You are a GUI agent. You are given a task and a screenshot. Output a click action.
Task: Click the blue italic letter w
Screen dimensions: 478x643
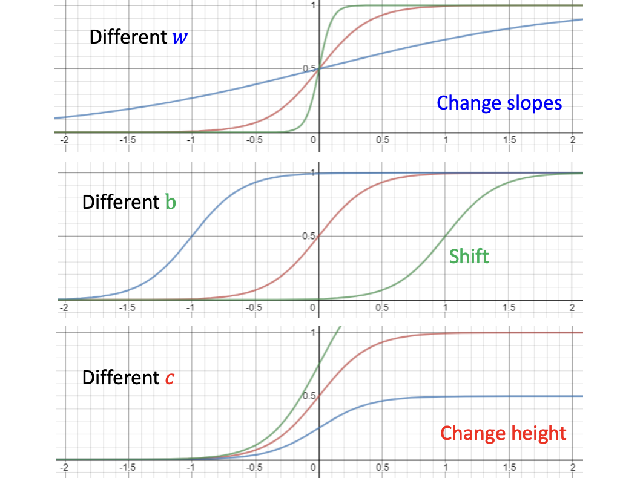tap(180, 38)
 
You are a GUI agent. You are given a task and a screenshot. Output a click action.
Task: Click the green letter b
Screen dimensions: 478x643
tap(170, 202)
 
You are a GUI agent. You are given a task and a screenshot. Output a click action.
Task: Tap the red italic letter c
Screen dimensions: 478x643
tap(171, 378)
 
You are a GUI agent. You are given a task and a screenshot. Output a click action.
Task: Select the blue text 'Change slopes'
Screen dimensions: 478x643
tap(500, 103)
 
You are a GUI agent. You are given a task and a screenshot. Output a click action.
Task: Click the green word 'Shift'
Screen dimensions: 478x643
tap(469, 256)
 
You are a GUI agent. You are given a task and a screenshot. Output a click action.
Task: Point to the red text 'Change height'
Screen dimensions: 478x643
tap(503, 433)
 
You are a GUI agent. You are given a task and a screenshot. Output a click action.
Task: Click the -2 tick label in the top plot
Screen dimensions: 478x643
tap(63, 140)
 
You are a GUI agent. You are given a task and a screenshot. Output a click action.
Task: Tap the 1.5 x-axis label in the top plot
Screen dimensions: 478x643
tap(509, 140)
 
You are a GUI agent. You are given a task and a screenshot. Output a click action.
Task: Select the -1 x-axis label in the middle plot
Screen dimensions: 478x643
tap(190, 307)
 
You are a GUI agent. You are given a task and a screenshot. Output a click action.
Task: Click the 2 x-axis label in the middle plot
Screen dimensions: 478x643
tap(572, 307)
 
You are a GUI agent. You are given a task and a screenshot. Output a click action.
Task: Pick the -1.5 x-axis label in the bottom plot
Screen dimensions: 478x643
tap(126, 468)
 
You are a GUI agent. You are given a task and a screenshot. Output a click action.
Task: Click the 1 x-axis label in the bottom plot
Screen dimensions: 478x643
tap(446, 468)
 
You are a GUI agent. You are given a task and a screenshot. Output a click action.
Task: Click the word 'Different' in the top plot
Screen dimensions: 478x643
tap(127, 38)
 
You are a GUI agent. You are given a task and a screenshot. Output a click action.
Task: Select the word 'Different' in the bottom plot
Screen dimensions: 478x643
tap(120, 378)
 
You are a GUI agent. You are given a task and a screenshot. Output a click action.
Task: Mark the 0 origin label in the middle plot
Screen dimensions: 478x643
tap(313, 307)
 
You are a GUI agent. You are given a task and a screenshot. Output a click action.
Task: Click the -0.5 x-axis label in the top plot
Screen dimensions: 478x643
tap(254, 140)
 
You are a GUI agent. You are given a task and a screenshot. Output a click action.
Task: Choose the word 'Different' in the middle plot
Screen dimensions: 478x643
tap(120, 202)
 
